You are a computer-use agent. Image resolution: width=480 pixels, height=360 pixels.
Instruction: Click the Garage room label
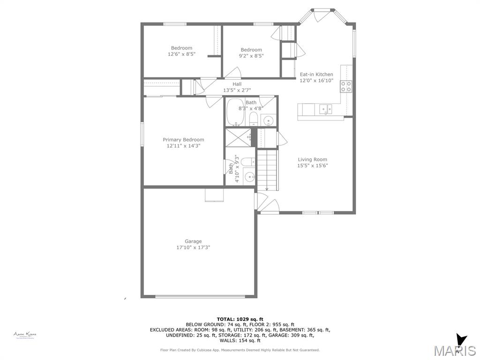193,241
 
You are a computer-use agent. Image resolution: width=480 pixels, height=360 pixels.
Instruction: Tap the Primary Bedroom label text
183,140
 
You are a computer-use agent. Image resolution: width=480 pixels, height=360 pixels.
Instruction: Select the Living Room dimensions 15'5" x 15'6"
312,165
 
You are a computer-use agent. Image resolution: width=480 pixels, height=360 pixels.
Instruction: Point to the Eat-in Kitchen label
316,75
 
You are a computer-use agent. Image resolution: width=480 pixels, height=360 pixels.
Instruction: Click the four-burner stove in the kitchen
346,86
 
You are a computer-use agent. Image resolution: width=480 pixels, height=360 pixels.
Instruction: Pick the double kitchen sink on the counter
326,109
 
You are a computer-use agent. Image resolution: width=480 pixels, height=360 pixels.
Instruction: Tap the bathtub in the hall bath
236,112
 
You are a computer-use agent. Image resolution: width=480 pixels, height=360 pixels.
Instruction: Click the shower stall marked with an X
238,137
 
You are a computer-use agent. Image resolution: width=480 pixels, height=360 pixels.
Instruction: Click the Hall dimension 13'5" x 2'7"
237,90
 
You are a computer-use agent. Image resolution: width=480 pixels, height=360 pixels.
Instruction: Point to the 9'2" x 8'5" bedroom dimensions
251,56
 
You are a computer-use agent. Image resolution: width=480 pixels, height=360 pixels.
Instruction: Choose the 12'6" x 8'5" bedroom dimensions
181,54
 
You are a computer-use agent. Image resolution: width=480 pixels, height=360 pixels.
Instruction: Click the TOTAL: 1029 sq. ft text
240,319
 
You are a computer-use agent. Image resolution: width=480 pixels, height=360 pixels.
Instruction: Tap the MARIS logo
454,350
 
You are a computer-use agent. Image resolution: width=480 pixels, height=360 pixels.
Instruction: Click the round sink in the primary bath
250,177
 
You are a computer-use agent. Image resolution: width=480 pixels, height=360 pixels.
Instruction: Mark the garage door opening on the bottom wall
200,296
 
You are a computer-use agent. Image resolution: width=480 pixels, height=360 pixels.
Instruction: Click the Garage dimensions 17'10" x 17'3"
193,247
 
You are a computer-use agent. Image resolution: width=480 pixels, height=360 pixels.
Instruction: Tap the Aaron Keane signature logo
25,335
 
